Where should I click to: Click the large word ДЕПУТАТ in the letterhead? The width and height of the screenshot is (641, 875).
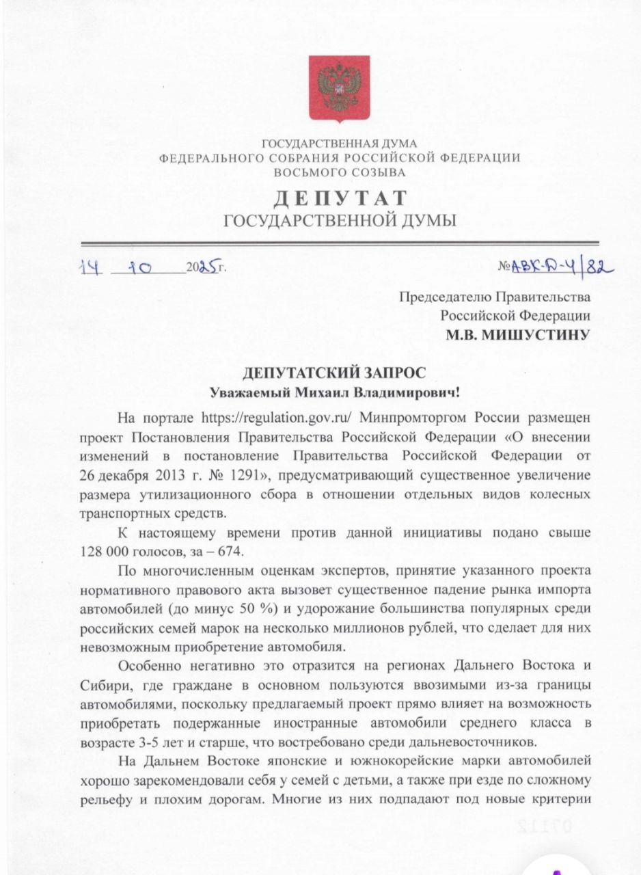(340, 198)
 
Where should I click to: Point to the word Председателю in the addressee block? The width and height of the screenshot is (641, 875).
(445, 297)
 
